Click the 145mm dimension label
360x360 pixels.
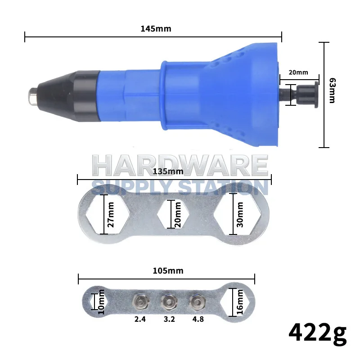click(156, 29)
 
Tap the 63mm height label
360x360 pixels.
click(332, 90)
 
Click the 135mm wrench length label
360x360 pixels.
click(168, 171)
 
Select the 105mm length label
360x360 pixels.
click(168, 271)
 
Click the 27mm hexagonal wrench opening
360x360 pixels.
click(107, 215)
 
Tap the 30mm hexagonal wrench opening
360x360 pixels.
click(238, 214)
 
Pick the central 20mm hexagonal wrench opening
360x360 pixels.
click(173, 214)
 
